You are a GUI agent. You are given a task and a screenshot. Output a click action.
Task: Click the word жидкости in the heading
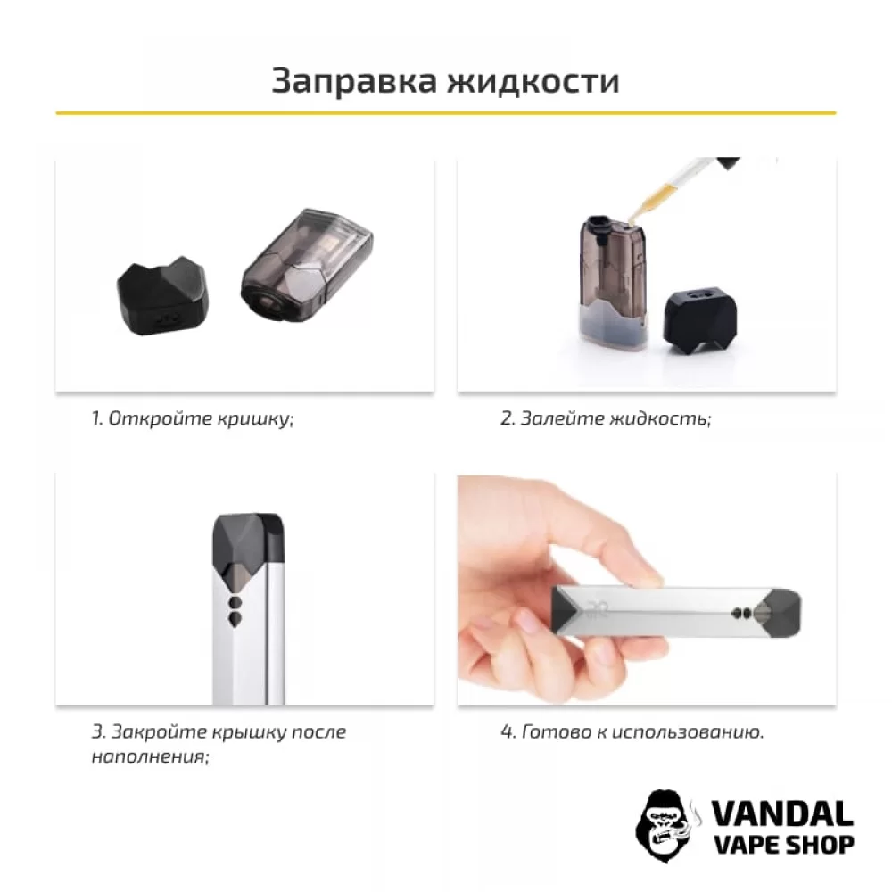[533, 80]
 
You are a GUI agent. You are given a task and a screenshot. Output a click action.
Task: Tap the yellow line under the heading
[446, 113]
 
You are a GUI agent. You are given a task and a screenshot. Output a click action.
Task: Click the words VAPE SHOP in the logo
[781, 844]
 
